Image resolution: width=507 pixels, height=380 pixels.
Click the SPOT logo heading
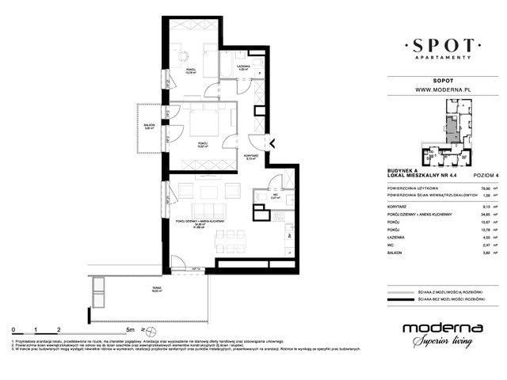tap(442, 44)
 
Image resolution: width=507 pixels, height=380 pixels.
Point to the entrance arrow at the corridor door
tap(272, 143)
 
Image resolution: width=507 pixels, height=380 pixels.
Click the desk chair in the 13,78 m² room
tap(181, 56)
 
